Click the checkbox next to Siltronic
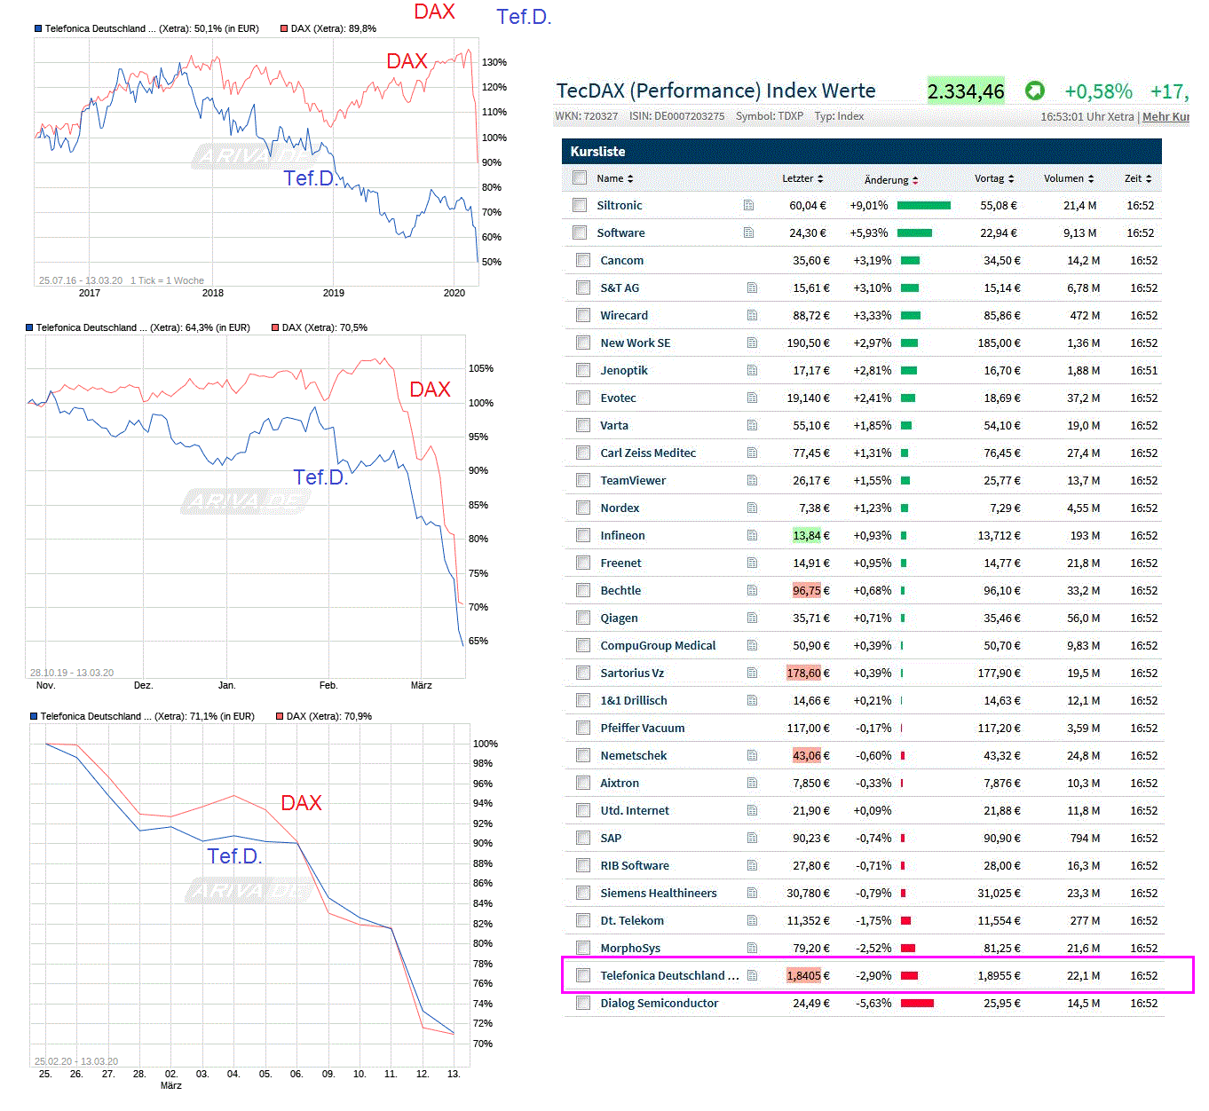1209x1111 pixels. [580, 205]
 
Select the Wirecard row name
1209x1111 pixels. [623, 315]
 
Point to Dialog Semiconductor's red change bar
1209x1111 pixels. [917, 1003]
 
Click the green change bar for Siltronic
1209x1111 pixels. [923, 205]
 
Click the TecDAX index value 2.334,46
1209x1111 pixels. [966, 91]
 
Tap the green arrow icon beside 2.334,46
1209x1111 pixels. [1034, 91]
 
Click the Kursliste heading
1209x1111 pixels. [597, 152]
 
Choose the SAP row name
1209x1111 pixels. [611, 838]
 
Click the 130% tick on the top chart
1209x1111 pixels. [494, 62]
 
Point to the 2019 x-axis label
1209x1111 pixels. [333, 293]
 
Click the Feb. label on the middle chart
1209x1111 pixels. [328, 685]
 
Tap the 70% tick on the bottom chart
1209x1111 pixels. [483, 1044]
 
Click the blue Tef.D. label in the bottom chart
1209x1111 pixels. [234, 856]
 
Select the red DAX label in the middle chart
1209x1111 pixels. [430, 390]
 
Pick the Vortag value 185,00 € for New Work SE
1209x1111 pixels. [999, 343]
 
